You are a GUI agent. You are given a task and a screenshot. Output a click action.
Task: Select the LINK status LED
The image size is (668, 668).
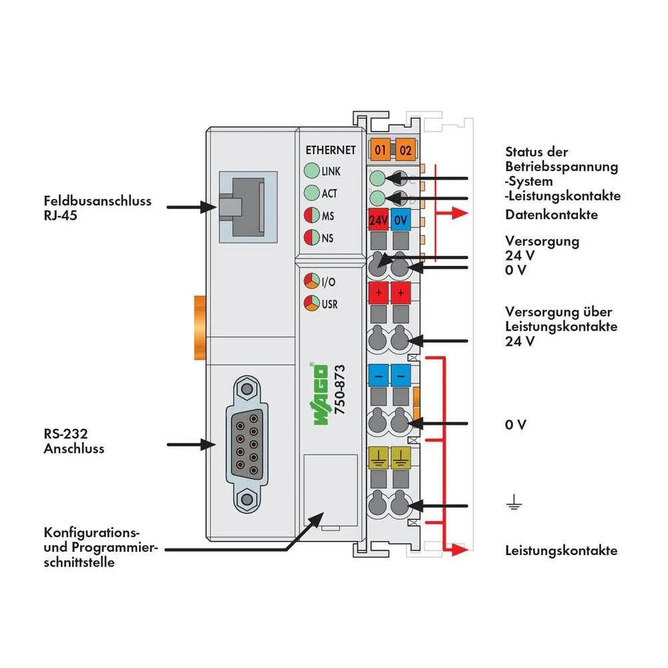[311, 171]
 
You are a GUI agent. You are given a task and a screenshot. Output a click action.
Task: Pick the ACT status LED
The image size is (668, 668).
[311, 193]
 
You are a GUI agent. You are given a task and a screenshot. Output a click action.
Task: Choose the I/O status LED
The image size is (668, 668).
[311, 281]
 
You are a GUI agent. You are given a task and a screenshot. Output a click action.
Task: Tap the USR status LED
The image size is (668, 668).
[311, 303]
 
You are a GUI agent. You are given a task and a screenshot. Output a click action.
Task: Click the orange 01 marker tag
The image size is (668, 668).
[380, 150]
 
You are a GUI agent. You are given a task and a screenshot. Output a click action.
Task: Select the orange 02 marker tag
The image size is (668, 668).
[404, 150]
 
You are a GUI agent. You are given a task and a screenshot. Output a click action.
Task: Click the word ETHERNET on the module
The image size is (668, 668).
[330, 150]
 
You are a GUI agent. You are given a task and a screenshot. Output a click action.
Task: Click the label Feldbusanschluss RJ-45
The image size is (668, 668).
[98, 208]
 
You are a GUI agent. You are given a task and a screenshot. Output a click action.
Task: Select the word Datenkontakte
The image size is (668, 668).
[551, 214]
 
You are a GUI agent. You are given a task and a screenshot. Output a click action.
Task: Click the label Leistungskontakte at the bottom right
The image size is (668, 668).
[561, 550]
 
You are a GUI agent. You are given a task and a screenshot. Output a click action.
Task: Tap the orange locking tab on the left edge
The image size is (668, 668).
[200, 327]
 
